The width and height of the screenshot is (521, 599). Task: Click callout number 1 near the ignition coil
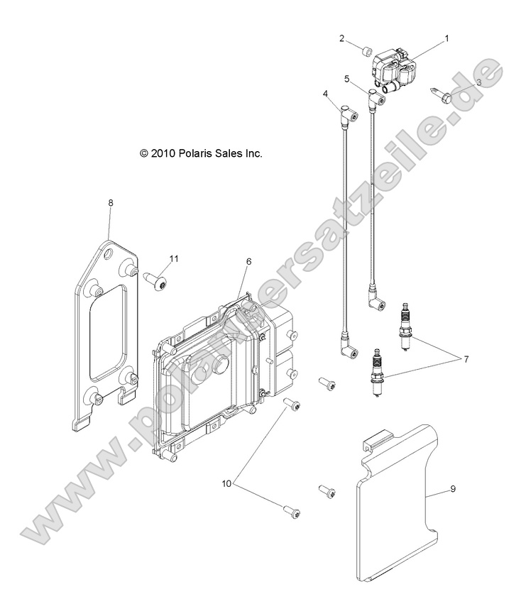(x=446, y=40)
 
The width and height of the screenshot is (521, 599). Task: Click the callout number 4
(x=325, y=94)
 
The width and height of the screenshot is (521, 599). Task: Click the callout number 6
(x=248, y=262)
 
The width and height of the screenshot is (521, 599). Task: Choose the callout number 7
(x=466, y=359)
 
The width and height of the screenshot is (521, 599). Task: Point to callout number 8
(x=110, y=203)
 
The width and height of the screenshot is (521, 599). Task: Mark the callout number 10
(x=226, y=484)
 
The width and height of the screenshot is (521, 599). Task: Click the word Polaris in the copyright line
(x=190, y=153)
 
